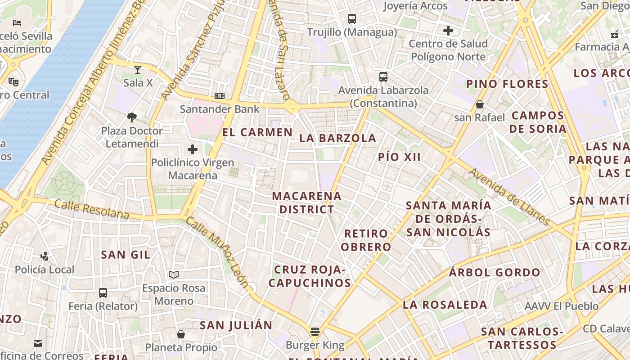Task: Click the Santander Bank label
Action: (220, 109)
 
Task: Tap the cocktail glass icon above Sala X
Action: (137, 69)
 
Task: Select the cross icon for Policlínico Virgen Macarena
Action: (193, 149)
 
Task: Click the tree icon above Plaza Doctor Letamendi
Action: (132, 117)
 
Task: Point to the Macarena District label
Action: (306, 202)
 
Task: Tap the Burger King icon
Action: (315, 332)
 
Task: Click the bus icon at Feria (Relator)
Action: (103, 293)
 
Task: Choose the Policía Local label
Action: (45, 270)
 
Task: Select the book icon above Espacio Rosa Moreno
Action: (174, 274)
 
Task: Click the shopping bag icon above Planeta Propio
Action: (180, 334)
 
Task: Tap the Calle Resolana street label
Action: (92, 210)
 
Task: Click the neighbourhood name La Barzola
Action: (337, 138)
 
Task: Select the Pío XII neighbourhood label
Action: (400, 157)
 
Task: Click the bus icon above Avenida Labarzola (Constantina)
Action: (383, 77)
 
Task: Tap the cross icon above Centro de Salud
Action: (448, 31)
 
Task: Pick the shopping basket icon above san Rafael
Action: (480, 104)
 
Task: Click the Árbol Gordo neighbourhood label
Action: (495, 272)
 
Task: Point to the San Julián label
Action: (236, 325)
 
